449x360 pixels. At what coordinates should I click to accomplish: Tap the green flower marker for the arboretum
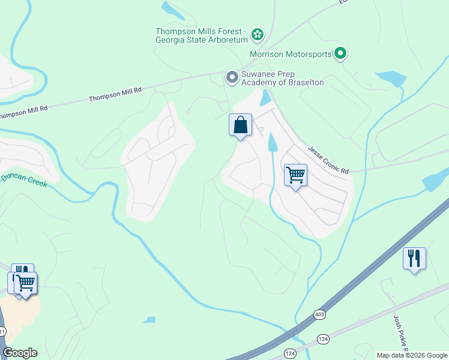pos(258,34)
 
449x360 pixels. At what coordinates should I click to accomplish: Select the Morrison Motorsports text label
pos(291,54)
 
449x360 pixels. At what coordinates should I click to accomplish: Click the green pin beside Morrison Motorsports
pos(340,54)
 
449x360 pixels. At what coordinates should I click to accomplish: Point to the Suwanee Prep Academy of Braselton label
pos(282,78)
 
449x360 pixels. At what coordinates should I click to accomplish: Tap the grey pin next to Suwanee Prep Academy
pos(232,77)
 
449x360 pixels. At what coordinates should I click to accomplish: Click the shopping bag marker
pos(240,125)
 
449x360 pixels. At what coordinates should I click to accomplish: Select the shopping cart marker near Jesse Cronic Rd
pos(295,175)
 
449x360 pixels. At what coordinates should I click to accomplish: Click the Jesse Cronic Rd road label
pos(328,160)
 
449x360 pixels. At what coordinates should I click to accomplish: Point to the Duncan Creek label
pos(24,179)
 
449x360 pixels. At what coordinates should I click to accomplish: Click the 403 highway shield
pos(319,314)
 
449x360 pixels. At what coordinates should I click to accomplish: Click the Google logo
pos(20,353)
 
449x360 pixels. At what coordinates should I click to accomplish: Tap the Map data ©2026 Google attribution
pos(412,355)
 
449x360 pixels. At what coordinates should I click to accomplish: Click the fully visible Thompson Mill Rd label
pos(115,94)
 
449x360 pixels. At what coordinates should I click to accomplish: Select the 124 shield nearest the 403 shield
pos(324,340)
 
